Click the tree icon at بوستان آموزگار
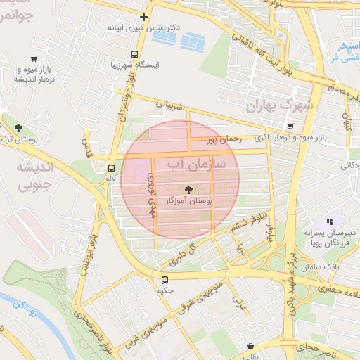(x=188, y=189)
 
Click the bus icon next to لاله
(x=111, y=168)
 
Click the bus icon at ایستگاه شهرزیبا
(x=134, y=54)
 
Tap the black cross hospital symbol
(x=144, y=17)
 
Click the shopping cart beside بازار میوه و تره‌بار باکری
(x=290, y=126)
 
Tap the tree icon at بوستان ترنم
(x=18, y=128)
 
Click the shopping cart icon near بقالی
(x=252, y=345)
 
